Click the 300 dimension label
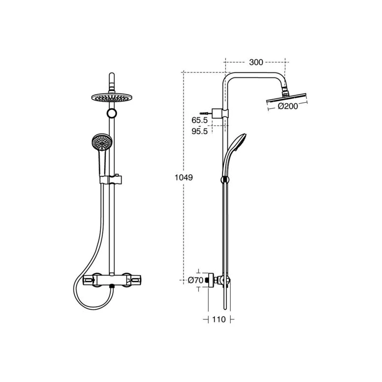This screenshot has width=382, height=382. coord(256,63)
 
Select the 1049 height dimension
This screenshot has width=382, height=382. coord(184,178)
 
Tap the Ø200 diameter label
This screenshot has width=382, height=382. coord(288,106)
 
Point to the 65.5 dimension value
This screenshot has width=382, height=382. coord(200,120)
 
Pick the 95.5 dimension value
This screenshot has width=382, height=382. coord(200,131)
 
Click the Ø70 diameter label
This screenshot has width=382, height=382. coord(196,280)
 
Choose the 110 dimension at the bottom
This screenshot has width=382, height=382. coord(219,319)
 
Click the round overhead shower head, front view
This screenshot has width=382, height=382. coord(112,97)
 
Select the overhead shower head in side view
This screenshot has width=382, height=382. coord(287,98)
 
